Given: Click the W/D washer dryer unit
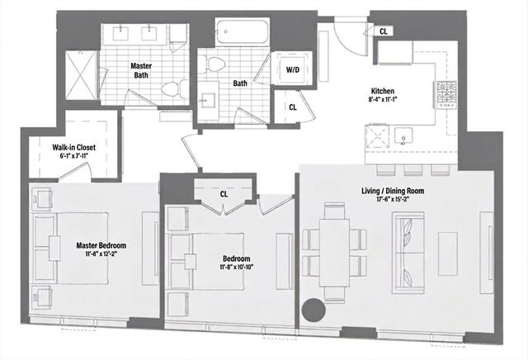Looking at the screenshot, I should point(293,71).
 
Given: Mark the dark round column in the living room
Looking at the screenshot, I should point(313,311).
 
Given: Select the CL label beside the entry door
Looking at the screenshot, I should point(385,30).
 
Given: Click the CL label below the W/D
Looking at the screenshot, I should point(293,107).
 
